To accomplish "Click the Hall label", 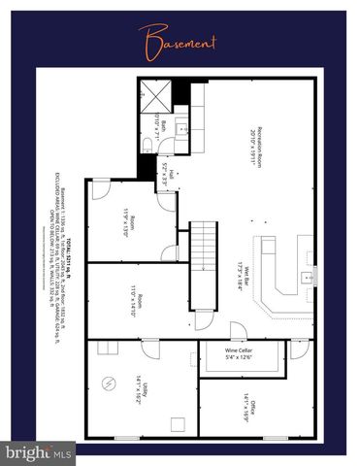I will [172, 176].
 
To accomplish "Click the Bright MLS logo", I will [38, 452].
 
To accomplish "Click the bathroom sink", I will [181, 127].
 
